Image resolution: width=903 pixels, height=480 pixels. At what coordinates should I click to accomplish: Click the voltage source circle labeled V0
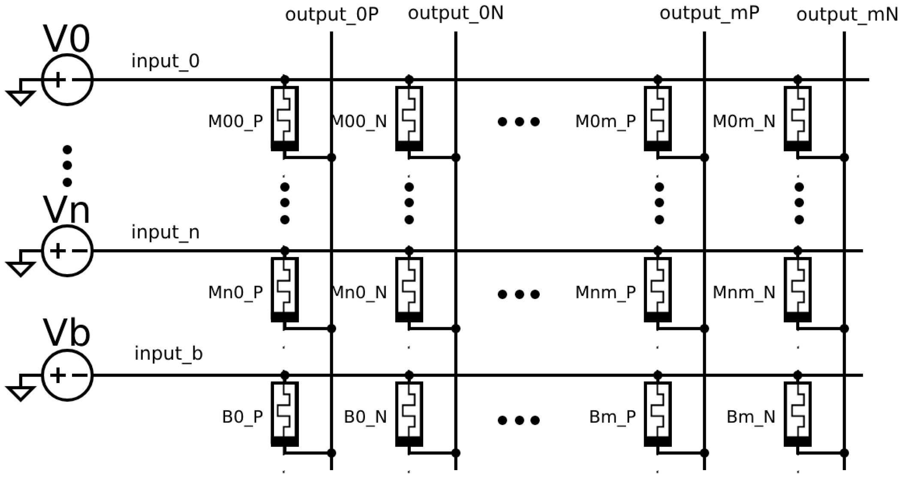coord(67,80)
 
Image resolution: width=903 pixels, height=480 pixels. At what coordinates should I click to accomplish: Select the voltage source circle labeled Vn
coord(67,251)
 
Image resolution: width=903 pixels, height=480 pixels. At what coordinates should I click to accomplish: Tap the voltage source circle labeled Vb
coord(67,375)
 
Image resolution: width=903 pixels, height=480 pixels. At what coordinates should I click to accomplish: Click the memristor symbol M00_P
coord(285,118)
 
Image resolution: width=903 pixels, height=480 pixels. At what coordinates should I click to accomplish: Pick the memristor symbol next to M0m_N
coord(798,118)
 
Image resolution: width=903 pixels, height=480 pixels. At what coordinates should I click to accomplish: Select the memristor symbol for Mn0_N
coord(409,290)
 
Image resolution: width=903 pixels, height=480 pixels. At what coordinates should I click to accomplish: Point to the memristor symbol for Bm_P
coord(658,414)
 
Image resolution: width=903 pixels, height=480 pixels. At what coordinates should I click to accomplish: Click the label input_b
coord(169,354)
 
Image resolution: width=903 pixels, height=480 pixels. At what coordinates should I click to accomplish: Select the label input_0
coord(166,61)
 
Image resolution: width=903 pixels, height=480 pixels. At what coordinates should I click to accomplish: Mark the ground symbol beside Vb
coord(21,393)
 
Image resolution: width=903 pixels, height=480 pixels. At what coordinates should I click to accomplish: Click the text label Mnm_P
coord(605,293)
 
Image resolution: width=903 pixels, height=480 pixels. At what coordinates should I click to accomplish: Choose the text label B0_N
coord(365,417)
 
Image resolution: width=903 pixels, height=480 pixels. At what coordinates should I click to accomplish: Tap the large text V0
coord(67,39)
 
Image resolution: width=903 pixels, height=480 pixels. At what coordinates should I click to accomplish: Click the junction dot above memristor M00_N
coord(409,79)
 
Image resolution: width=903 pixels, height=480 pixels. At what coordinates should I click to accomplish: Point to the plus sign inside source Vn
coord(57,251)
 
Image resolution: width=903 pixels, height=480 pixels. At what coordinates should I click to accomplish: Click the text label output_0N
coord(455,13)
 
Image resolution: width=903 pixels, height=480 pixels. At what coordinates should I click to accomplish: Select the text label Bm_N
coord(751,417)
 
